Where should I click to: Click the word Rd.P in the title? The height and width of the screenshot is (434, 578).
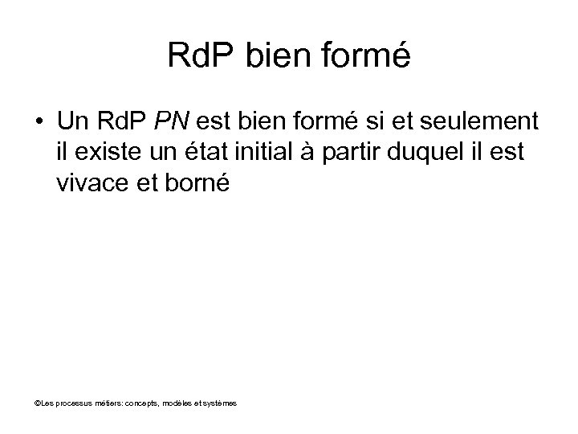click(200, 55)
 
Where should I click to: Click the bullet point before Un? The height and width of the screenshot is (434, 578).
click(39, 121)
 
